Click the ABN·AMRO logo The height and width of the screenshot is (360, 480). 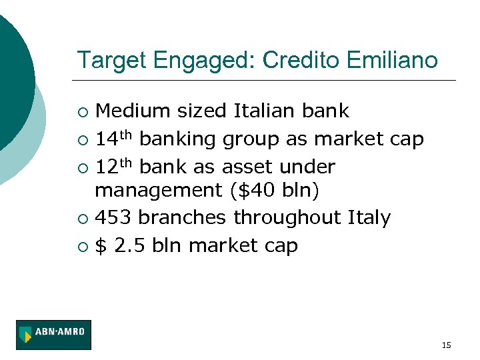tap(54, 335)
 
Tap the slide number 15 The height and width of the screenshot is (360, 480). tap(446, 345)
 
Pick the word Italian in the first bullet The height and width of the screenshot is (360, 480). tap(270, 111)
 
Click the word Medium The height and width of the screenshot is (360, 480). tap(129, 111)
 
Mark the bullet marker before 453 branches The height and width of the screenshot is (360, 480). tap(82, 219)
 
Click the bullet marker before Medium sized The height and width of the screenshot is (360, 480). tap(82, 111)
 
